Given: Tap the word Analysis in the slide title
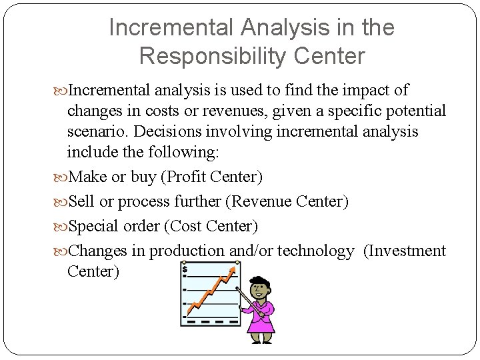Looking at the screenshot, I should pos(275,27).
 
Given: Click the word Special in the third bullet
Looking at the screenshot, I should pos(93,227).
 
